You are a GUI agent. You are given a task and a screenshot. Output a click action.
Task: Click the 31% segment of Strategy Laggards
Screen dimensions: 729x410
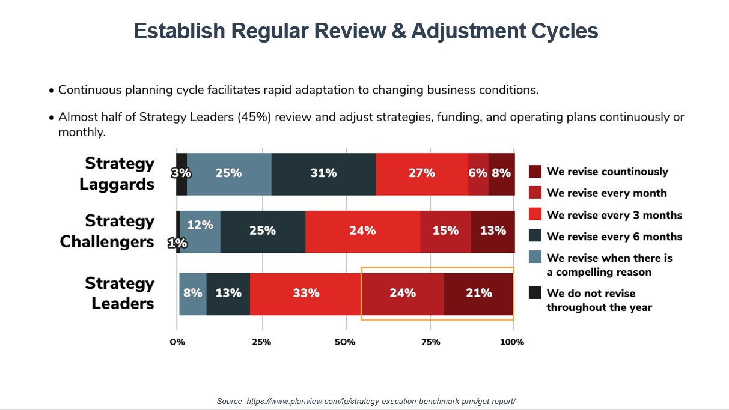pyautogui.click(x=324, y=174)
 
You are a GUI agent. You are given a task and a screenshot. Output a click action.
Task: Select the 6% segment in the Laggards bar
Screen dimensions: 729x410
pyautogui.click(x=478, y=174)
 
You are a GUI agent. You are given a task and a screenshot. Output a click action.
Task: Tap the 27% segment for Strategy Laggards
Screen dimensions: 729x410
pyautogui.click(x=422, y=174)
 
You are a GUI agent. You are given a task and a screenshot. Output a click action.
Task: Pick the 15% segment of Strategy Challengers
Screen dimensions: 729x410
pyautogui.click(x=445, y=232)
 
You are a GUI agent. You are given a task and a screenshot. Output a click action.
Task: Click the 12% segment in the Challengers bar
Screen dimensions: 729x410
pyautogui.click(x=200, y=232)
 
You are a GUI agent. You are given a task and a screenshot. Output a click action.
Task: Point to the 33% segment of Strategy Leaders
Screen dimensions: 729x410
pyautogui.click(x=307, y=294)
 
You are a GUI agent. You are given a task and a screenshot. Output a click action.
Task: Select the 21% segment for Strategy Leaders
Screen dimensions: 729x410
pyautogui.click(x=478, y=294)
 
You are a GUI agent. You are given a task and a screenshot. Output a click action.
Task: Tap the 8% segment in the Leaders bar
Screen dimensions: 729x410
pyautogui.click(x=193, y=294)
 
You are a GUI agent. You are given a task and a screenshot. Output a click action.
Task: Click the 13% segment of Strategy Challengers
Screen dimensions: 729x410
pyautogui.click(x=493, y=232)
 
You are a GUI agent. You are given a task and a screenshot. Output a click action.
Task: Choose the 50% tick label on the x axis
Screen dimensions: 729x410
pyautogui.click(x=345, y=342)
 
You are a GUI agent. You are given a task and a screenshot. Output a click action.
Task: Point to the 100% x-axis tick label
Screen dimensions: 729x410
pyautogui.click(x=512, y=342)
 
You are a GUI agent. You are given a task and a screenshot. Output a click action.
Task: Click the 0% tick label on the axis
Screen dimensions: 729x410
pyautogui.click(x=177, y=342)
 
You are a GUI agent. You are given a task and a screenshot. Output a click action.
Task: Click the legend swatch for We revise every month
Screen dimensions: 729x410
pyautogui.click(x=535, y=193)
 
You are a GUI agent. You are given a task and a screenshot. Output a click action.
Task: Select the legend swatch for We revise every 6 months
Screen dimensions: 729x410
pyautogui.click(x=535, y=235)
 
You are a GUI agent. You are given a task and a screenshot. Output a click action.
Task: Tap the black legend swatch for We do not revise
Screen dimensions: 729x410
pyautogui.click(x=535, y=292)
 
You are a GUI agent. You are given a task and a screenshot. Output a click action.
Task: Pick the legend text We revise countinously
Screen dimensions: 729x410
pyautogui.click(x=607, y=172)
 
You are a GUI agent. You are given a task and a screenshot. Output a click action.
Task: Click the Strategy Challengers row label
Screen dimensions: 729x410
pyautogui.click(x=107, y=232)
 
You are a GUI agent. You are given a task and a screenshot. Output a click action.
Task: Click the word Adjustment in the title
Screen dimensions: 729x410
pyautogui.click(x=468, y=31)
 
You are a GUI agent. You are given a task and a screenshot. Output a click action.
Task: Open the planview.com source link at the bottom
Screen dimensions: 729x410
pyautogui.click(x=381, y=401)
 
